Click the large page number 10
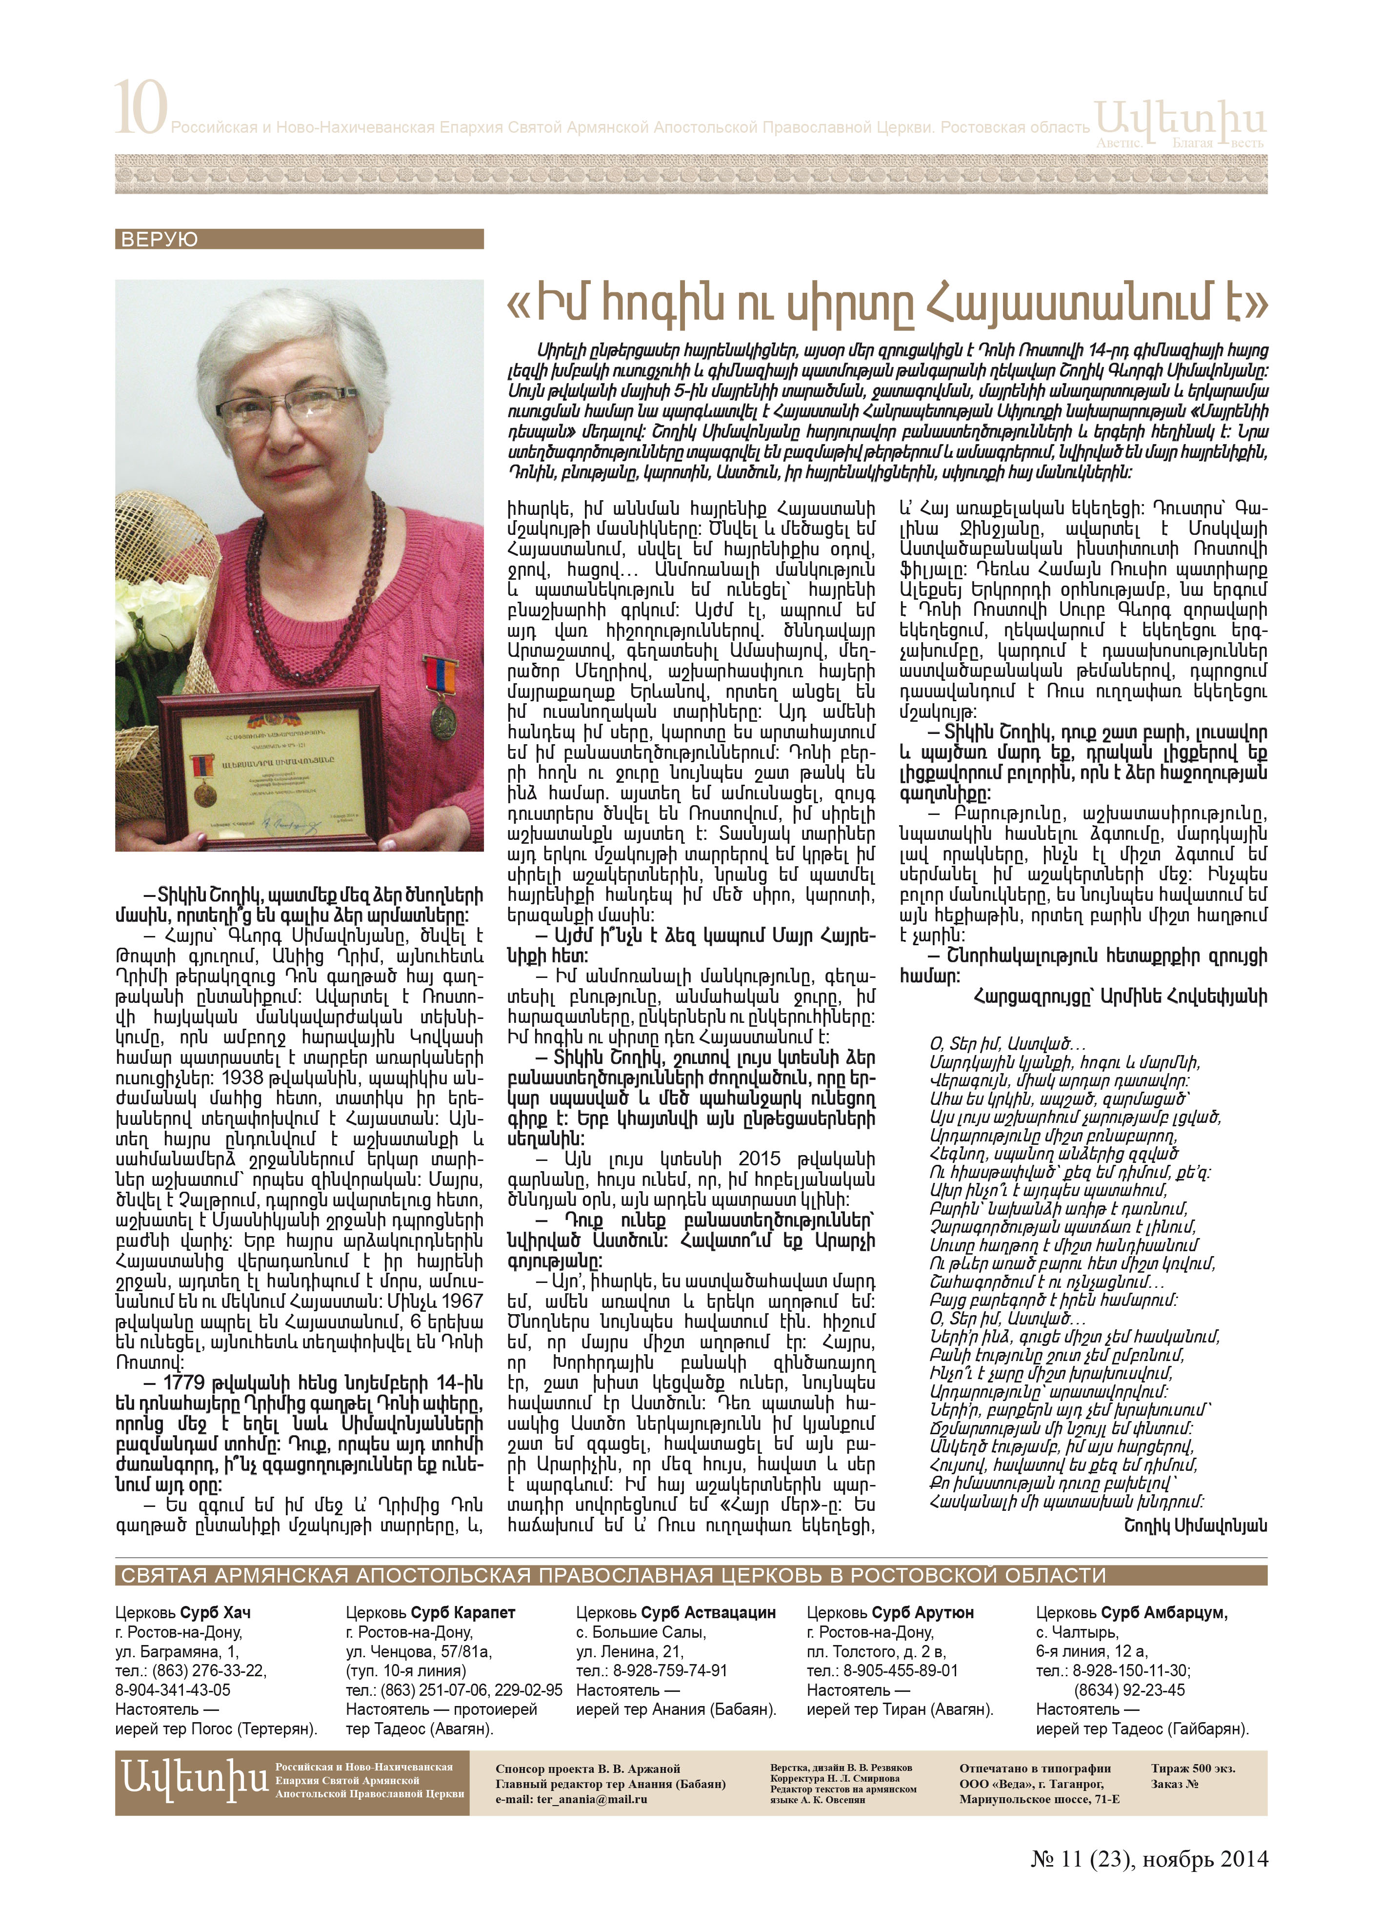(140, 108)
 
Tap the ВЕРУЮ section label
(159, 239)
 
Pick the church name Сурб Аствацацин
(708, 1612)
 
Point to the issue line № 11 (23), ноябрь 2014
(1149, 1883)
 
